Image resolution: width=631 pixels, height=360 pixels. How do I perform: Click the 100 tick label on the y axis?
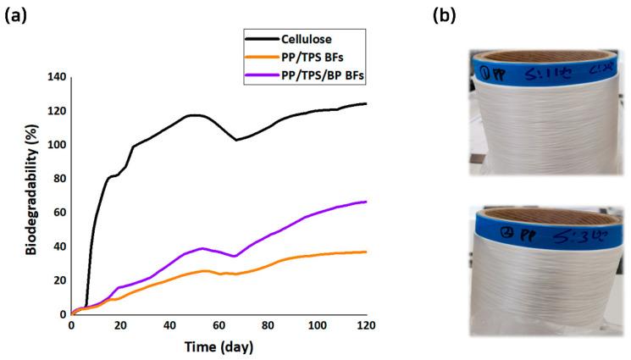(54, 145)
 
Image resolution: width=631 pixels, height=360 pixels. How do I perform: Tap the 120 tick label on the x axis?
(366, 326)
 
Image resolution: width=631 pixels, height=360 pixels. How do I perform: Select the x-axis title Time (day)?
(219, 346)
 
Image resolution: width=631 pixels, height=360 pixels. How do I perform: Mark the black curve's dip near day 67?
(236, 140)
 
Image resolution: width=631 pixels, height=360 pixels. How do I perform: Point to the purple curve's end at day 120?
(366, 202)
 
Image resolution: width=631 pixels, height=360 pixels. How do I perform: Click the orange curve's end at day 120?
(366, 252)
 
